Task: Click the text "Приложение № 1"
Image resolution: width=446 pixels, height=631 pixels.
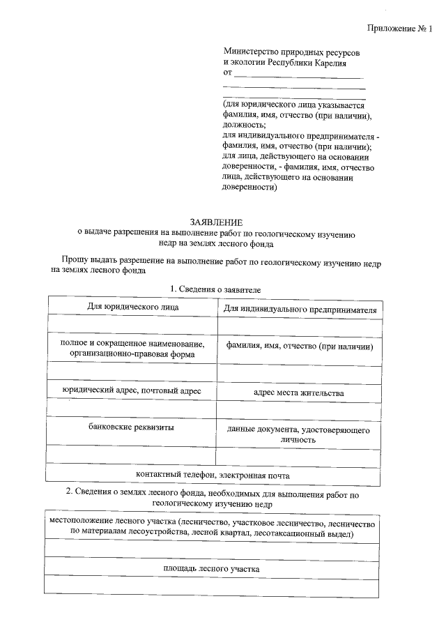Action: [399, 29]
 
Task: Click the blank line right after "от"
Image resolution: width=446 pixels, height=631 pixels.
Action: [298, 74]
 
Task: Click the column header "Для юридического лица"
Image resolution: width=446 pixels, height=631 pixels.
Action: [132, 306]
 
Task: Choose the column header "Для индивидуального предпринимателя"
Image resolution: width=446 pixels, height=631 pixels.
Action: [300, 309]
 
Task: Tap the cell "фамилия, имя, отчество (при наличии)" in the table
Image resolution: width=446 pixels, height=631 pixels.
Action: [300, 347]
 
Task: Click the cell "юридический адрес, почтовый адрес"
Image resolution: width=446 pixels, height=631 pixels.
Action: [131, 391]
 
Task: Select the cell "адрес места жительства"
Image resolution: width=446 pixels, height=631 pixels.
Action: [299, 393]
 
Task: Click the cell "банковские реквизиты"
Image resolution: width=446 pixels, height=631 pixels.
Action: [132, 426]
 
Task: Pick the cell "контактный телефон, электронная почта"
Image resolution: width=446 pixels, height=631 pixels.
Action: [213, 475]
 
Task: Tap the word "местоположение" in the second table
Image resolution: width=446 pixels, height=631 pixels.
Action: [82, 522]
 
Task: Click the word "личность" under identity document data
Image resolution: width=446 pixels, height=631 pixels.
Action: [299, 440]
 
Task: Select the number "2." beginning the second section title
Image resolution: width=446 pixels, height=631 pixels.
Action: [70, 492]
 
